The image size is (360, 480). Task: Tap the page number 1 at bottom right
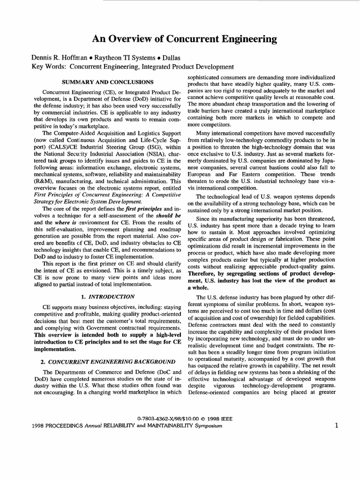[x=337, y=426]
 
